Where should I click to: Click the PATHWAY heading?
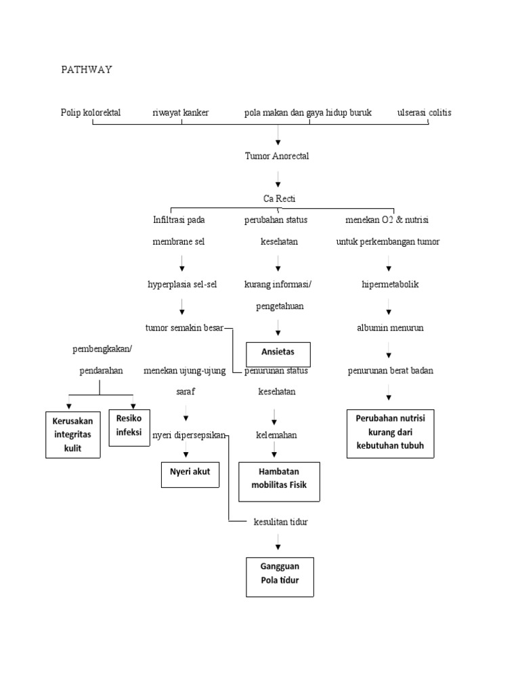point(86,69)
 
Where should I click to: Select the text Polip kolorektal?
point(91,113)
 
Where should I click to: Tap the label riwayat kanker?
point(181,113)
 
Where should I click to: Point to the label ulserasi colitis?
point(425,113)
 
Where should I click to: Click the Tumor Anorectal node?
point(277,156)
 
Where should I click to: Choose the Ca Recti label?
point(279,199)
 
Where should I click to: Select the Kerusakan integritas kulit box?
point(72,434)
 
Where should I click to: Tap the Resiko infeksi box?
point(129,427)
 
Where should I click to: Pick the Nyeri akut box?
point(190,472)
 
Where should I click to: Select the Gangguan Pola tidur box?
point(279,575)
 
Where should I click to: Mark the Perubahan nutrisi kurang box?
point(389,433)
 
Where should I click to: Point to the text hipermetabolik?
point(389,285)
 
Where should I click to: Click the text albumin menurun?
point(389,328)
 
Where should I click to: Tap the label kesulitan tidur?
point(280,522)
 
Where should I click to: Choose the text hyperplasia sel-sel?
point(182,285)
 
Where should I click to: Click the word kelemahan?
point(276,434)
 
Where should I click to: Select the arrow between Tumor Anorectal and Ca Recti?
point(278,179)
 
